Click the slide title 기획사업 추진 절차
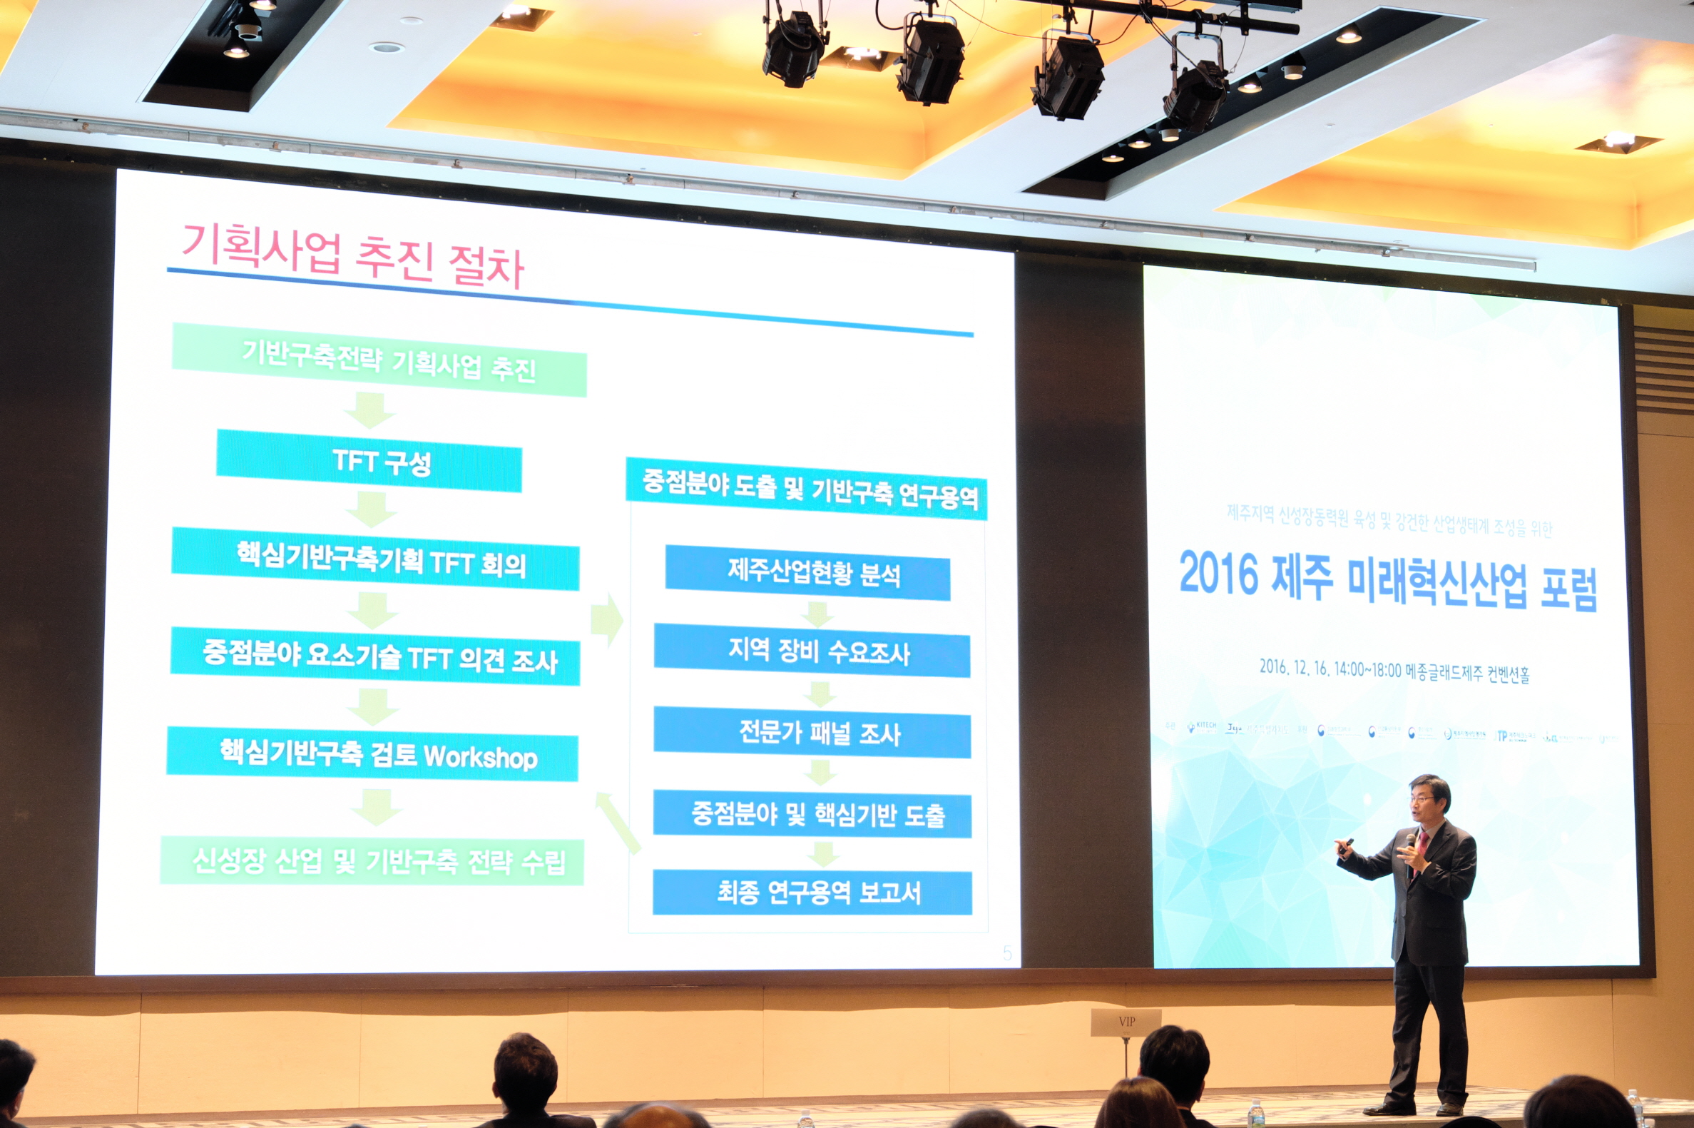(x=352, y=257)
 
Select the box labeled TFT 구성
(x=369, y=461)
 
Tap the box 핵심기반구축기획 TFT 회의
(x=375, y=559)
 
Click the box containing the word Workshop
(x=372, y=756)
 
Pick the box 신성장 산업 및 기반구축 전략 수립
(x=372, y=860)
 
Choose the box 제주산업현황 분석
(x=807, y=573)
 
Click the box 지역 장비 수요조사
(x=812, y=652)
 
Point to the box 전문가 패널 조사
(x=812, y=733)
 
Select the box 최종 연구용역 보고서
(x=812, y=893)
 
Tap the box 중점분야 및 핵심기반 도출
(x=812, y=814)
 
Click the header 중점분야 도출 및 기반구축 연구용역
(x=807, y=490)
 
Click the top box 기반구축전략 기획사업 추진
(x=379, y=360)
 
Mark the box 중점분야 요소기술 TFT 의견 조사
(x=375, y=658)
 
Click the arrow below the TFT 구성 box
(x=371, y=509)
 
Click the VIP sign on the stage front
(x=1126, y=1022)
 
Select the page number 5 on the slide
(x=1006, y=954)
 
